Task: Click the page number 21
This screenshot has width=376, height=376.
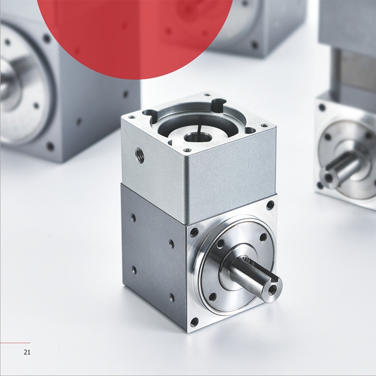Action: (x=27, y=352)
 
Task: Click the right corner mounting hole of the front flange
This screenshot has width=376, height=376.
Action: (x=271, y=205)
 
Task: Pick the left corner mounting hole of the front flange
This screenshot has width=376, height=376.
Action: (x=194, y=232)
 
